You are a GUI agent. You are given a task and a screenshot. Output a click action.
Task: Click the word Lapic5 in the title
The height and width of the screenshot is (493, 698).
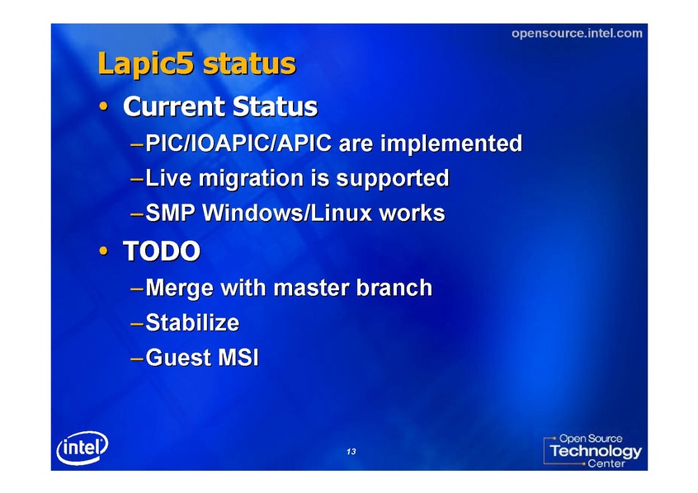[x=146, y=64]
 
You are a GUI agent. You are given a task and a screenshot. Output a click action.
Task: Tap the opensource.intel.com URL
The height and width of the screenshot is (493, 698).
[x=577, y=33]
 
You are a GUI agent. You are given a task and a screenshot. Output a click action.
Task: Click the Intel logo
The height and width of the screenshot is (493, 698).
[x=83, y=448]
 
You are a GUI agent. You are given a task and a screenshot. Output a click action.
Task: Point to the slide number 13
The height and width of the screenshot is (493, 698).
[x=351, y=452]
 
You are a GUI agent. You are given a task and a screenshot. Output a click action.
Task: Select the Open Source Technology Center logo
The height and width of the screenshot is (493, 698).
[x=592, y=450]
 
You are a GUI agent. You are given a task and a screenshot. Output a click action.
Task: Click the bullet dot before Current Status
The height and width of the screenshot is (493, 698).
[x=104, y=106]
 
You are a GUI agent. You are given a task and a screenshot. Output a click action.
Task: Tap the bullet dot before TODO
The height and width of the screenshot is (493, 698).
[x=104, y=251]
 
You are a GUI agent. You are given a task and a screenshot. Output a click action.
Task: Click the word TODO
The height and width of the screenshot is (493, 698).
[x=162, y=251]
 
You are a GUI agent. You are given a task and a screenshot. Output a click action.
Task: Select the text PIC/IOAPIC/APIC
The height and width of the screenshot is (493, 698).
[x=238, y=143]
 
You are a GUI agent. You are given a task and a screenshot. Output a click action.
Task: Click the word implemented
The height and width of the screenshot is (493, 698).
[x=451, y=144]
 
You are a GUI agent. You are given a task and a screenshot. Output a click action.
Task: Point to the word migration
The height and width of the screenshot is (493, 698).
[x=251, y=179]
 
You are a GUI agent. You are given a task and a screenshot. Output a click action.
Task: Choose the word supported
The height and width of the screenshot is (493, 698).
[x=392, y=179]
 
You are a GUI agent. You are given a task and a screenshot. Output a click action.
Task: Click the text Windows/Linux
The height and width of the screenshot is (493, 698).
[x=287, y=213]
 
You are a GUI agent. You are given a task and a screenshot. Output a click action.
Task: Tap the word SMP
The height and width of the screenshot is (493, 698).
[x=171, y=213]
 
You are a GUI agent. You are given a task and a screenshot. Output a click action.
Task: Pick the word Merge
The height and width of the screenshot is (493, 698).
[x=179, y=289]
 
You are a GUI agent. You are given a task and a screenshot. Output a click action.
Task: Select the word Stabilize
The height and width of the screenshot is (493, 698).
[x=192, y=322]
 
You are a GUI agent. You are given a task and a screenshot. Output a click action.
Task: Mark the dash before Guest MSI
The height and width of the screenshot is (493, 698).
[x=137, y=359]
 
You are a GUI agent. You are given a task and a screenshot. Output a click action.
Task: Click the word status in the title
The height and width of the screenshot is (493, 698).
[x=249, y=64]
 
